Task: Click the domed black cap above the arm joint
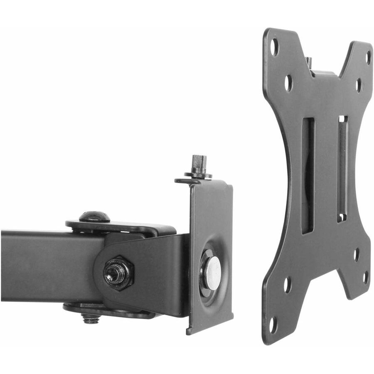point(95,217)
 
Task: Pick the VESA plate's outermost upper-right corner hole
point(368,57)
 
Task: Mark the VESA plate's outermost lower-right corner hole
point(365,277)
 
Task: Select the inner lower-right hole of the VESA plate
point(357,254)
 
